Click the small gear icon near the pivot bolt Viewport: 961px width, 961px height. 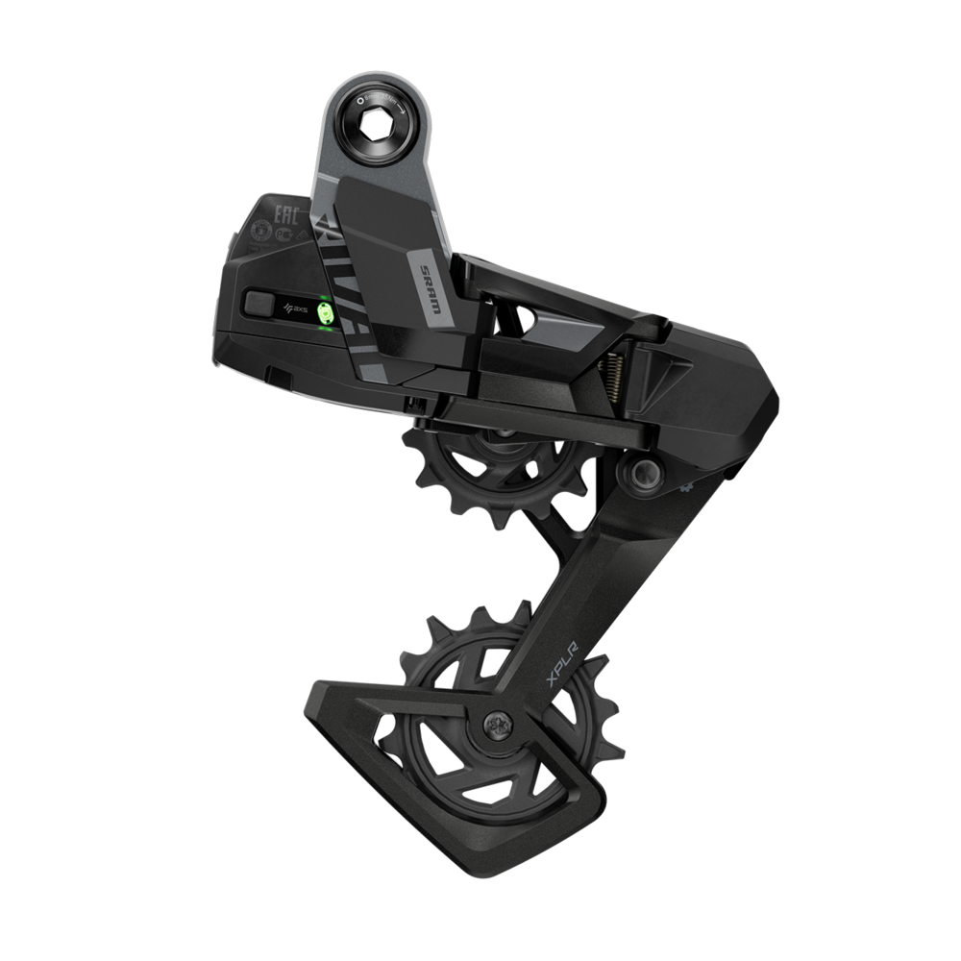click(687, 487)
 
